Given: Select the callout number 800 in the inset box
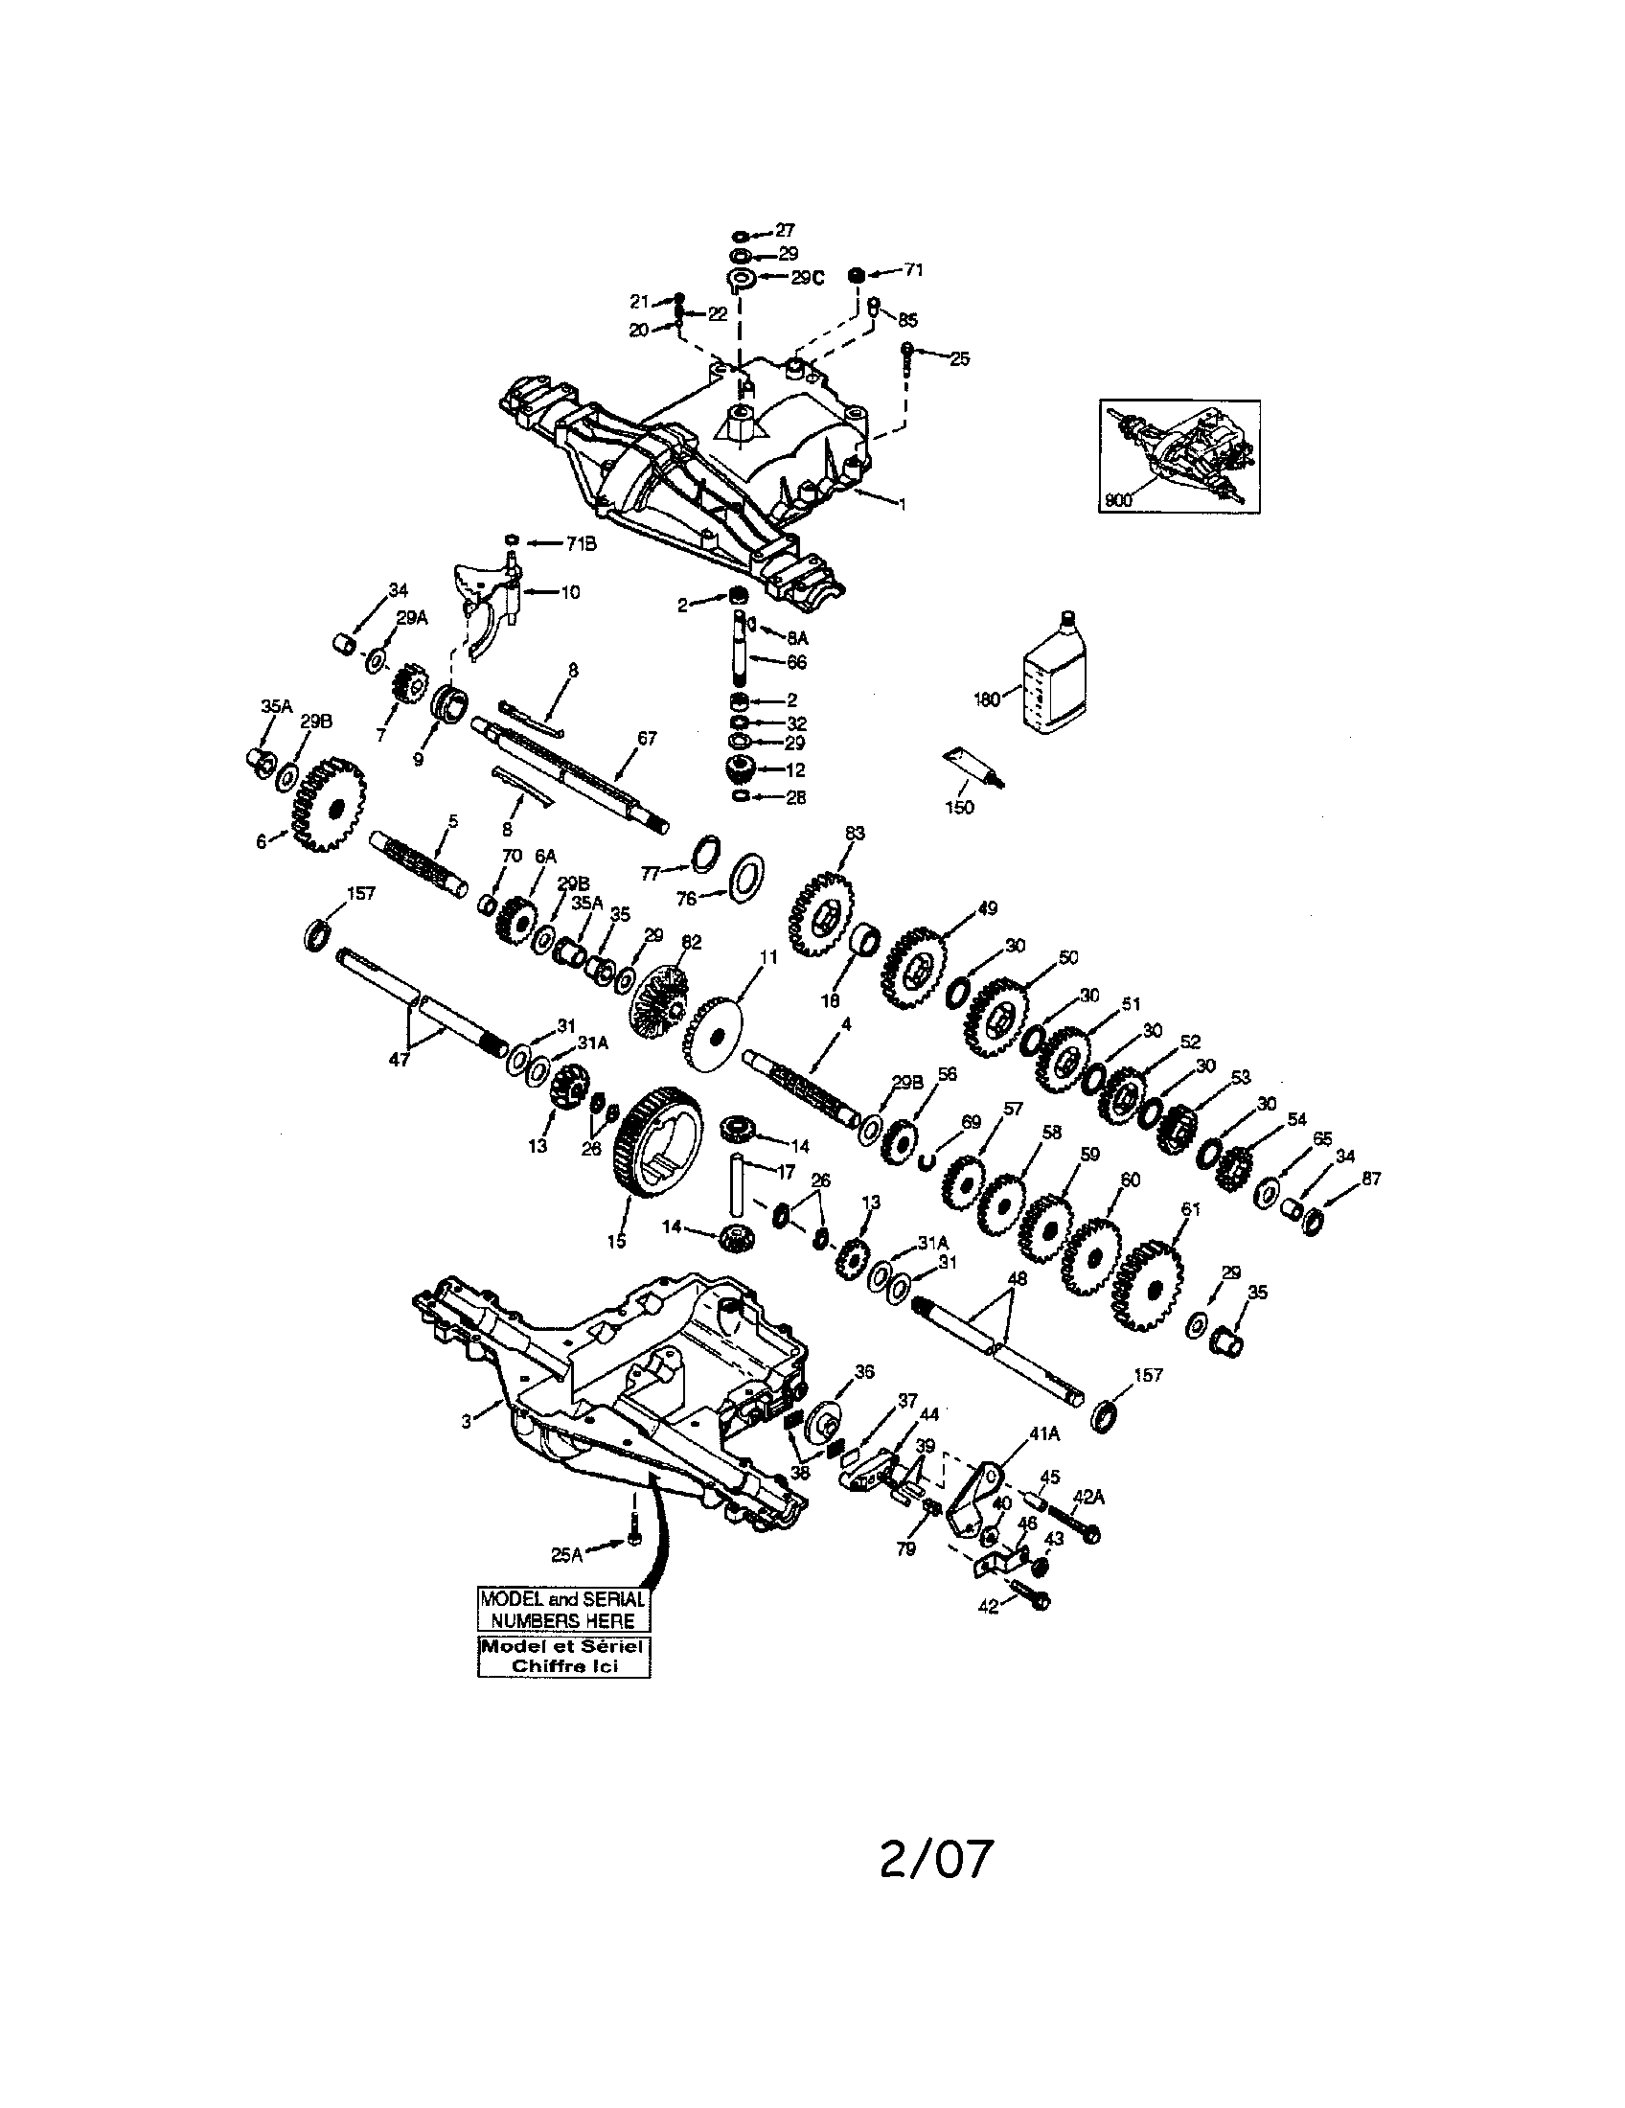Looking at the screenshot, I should (x=1116, y=500).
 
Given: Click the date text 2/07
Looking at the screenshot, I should (x=935, y=1858).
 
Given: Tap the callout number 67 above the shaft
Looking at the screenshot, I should (x=647, y=739).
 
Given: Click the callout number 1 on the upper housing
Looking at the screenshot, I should (x=903, y=504).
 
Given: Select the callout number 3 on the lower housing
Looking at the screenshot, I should (x=466, y=1421).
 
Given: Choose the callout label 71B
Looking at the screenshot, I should (x=581, y=543).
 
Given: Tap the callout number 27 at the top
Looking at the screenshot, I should (x=784, y=230).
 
